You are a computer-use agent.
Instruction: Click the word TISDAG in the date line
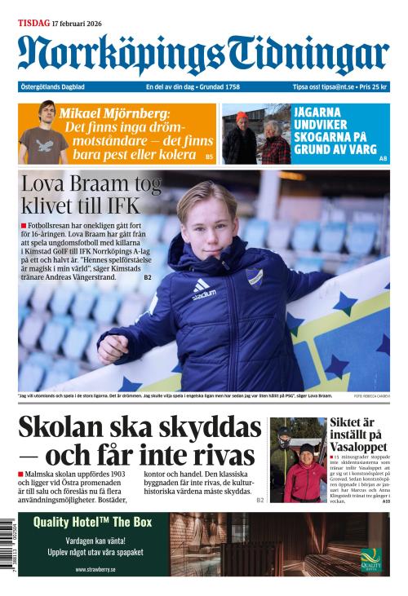(x=33, y=24)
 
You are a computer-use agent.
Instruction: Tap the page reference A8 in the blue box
(x=382, y=157)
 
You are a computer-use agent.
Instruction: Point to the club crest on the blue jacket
(x=254, y=278)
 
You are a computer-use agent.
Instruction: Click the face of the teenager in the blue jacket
(x=210, y=216)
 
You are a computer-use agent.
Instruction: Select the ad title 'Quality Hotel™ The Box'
(x=91, y=523)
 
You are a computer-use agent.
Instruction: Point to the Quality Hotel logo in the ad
(x=370, y=561)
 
